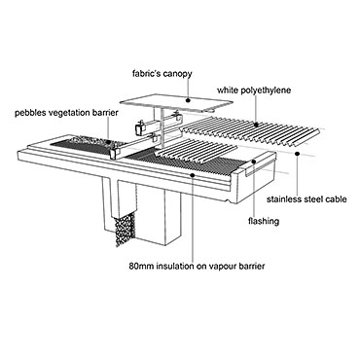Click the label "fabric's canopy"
point(162,74)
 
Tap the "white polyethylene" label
point(254,90)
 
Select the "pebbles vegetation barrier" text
point(66,113)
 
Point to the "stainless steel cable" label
point(306,199)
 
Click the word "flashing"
point(264,222)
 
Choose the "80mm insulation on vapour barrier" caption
point(197,267)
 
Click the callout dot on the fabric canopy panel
point(188,100)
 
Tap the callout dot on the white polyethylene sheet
point(256,125)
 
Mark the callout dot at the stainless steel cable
point(297,153)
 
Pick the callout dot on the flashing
point(255,162)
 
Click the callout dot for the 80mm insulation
point(193,175)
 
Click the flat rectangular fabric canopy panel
point(176,101)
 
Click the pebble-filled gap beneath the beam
point(125,229)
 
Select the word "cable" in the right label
point(336,199)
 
